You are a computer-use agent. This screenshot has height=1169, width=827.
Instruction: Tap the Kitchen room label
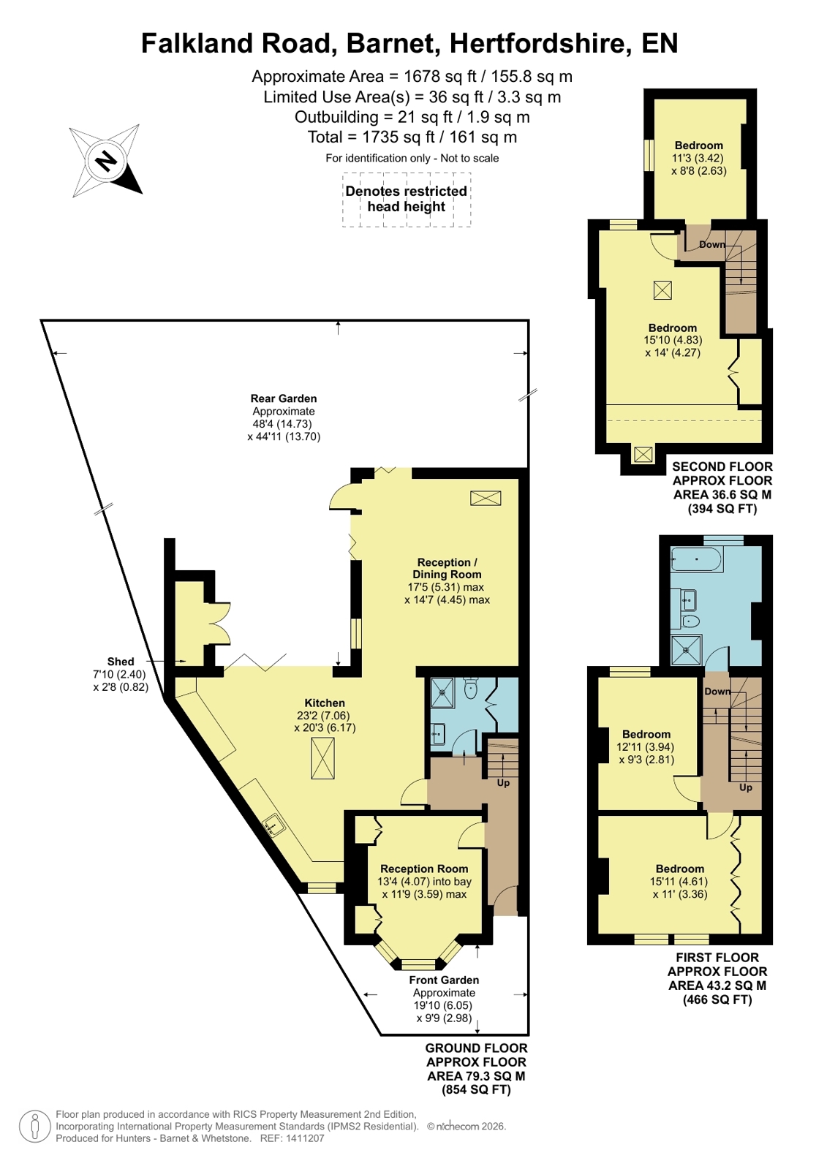pos(325,703)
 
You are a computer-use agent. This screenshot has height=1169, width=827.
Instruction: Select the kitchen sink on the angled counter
pos(273,825)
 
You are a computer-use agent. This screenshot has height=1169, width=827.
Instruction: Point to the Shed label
pos(121,661)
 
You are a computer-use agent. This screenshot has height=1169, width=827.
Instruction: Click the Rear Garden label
pos(284,398)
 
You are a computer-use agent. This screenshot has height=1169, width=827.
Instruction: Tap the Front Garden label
pos(444,980)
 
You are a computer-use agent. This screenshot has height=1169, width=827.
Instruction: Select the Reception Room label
pos(424,869)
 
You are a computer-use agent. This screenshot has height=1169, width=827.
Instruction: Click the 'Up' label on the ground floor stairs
pos(503,782)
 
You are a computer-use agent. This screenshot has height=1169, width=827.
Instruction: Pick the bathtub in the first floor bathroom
pos(696,559)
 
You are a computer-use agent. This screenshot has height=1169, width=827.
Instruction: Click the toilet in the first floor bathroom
pos(691,621)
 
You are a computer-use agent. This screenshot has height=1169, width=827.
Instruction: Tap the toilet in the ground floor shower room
pos(471,689)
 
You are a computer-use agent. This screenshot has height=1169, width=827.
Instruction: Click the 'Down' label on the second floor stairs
pos(711,244)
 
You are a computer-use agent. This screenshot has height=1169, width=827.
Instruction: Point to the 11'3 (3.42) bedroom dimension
pos(698,158)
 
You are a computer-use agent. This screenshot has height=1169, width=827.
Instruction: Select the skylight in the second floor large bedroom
pos(662,290)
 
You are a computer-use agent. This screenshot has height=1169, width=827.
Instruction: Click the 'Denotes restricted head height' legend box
pos(407,200)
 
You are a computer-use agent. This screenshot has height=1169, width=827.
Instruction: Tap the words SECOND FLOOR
pos(722,466)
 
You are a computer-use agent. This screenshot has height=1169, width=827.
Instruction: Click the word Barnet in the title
pos(393,43)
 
